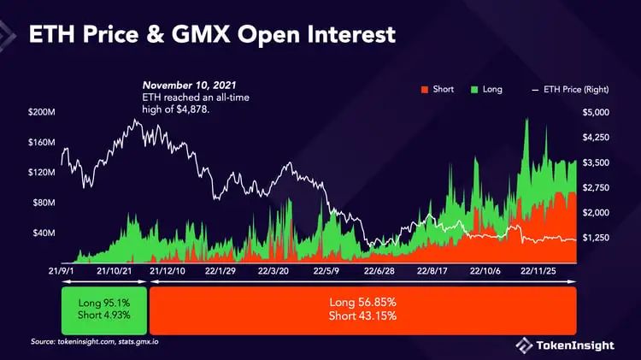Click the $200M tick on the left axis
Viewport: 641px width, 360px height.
tap(43, 112)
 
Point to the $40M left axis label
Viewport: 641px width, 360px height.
tap(43, 233)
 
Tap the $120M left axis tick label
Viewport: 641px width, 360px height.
tap(43, 173)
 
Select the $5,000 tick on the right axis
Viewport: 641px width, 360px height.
tap(595, 112)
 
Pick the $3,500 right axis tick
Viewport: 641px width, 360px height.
tap(595, 162)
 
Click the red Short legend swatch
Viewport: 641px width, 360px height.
tap(424, 88)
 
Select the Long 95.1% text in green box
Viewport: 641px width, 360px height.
tap(104, 304)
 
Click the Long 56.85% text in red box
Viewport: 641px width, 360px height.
tap(362, 303)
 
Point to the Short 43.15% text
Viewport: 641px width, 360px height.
tap(362, 317)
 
